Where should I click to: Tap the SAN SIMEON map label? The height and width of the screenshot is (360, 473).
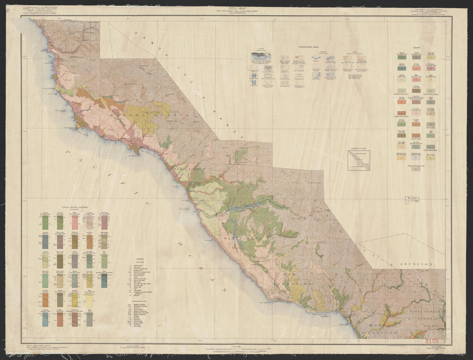(x=190, y=170)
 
